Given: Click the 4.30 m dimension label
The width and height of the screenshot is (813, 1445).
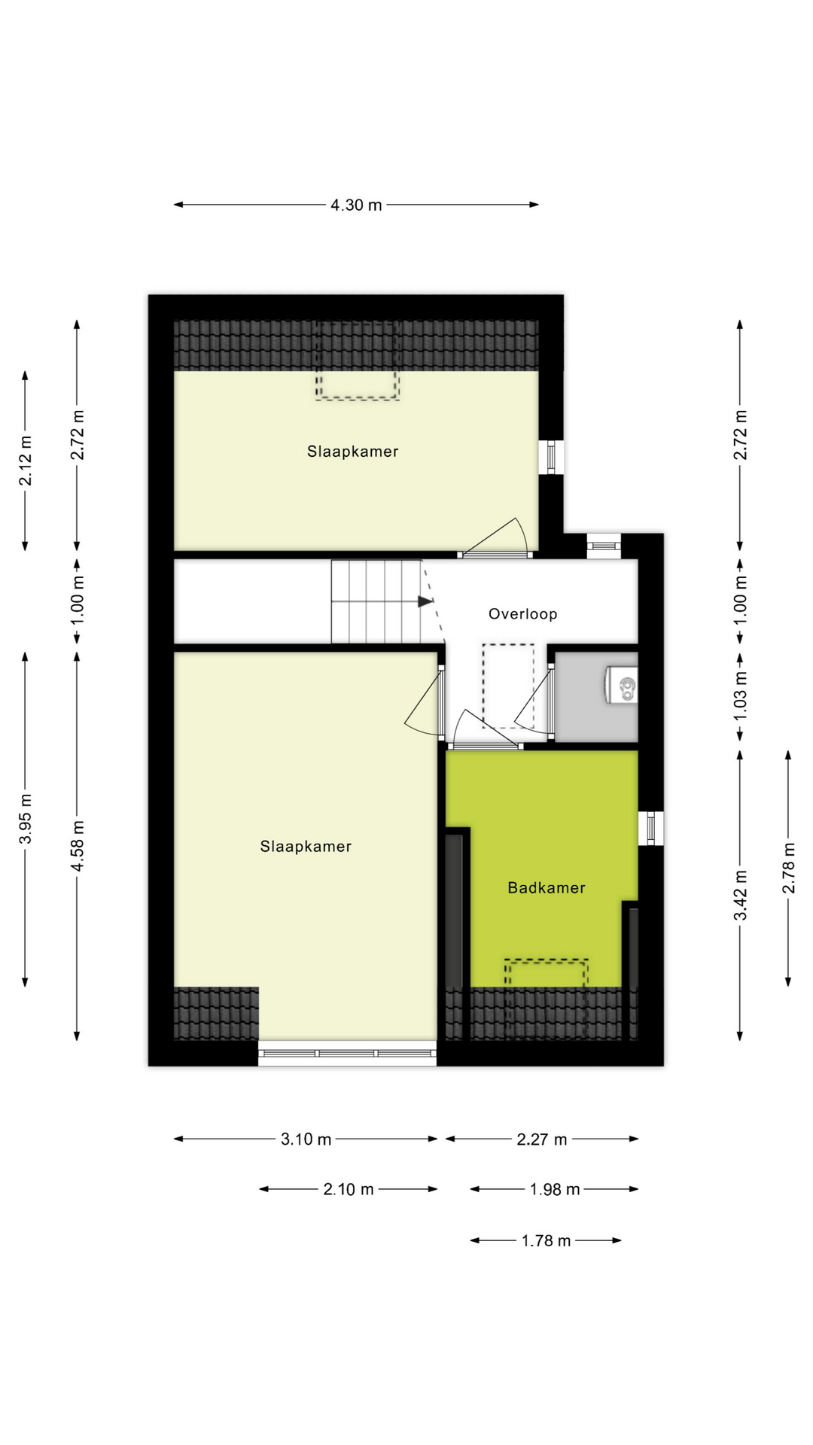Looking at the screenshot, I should click(x=356, y=205).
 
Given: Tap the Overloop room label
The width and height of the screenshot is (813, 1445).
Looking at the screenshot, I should click(x=522, y=614).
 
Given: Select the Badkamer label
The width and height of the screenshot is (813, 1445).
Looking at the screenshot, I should click(x=546, y=888).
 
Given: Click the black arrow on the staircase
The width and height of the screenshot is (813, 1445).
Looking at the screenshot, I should click(x=425, y=601).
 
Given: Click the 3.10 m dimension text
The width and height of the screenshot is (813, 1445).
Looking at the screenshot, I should click(x=306, y=1139).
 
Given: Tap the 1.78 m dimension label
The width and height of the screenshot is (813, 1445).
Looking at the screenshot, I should click(x=546, y=1241).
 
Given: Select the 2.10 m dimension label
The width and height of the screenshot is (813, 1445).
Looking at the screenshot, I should click(x=348, y=1190).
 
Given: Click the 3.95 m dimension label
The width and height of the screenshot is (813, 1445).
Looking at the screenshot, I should click(x=26, y=819).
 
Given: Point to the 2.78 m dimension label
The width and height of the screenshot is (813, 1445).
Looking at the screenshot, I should click(x=788, y=868).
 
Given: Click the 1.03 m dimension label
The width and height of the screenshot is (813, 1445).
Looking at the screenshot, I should click(x=741, y=695).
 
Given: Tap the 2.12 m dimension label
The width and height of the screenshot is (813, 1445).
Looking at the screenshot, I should click(x=26, y=461).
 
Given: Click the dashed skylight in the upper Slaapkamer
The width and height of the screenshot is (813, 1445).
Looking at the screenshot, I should click(x=357, y=361).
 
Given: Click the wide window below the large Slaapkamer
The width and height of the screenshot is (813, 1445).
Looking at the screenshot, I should click(x=347, y=1053).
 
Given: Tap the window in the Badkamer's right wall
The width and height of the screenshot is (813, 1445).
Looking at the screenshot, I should click(x=650, y=828).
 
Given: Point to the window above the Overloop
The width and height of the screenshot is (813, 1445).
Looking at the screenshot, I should click(x=604, y=545).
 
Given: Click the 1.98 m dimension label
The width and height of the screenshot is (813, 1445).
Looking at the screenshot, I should click(x=554, y=1190).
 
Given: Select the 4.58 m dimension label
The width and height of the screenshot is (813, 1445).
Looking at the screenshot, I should click(x=78, y=847).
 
